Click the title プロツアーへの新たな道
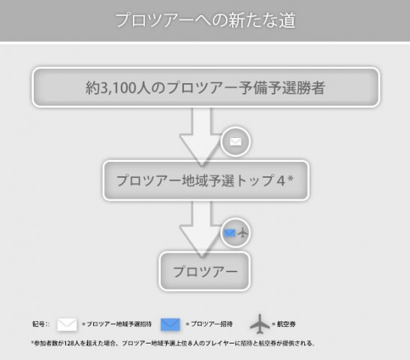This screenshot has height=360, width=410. (205, 20)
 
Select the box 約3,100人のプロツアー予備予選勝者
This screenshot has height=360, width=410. (206, 87)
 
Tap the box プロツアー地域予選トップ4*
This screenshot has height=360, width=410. (206, 180)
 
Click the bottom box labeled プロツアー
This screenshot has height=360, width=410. (205, 271)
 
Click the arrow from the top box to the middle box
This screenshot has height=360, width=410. (201, 136)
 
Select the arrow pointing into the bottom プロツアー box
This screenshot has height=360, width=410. (201, 229)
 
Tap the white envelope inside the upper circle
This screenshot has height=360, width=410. (235, 142)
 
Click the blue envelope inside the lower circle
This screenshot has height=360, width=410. (230, 232)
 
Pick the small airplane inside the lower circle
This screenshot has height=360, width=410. (243, 232)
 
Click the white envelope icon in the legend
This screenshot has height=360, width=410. (67, 325)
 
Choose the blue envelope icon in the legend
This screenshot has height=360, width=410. (170, 325)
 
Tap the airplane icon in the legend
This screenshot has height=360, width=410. (260, 324)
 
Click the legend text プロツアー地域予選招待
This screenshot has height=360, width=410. (119, 324)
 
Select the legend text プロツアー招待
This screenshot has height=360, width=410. (212, 324)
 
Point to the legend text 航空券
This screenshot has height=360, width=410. (286, 324)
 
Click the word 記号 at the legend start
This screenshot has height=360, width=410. (39, 324)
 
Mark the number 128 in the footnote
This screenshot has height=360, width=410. (68, 343)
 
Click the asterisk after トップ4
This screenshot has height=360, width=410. (291, 178)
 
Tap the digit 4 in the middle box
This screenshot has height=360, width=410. (281, 181)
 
